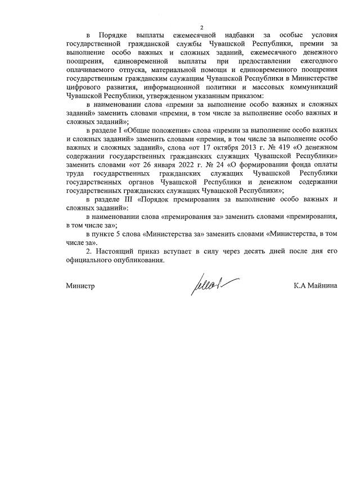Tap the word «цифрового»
pyautogui.click(x=83, y=87)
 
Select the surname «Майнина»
pyautogui.click(x=322, y=286)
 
